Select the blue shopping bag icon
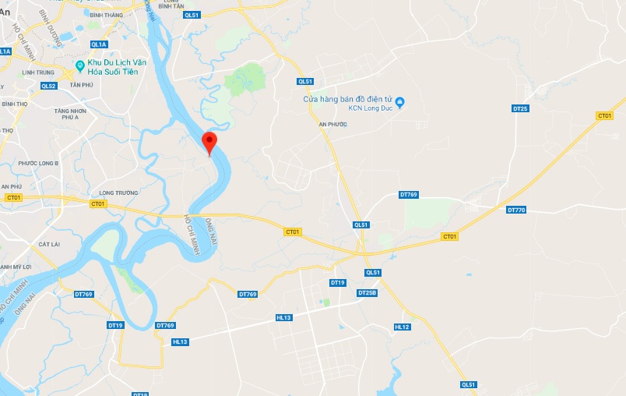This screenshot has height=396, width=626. [x=399, y=101]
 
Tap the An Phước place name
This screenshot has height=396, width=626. [x=332, y=124]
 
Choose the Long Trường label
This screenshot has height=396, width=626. [x=119, y=193]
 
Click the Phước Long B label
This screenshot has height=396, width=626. [x=38, y=163]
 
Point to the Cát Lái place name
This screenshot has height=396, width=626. [x=49, y=244]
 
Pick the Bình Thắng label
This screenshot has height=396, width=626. [x=107, y=15]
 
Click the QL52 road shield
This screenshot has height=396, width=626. [x=48, y=86]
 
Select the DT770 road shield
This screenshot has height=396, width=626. [x=516, y=210]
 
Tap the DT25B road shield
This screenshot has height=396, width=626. [x=367, y=292]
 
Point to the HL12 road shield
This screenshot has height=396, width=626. [x=402, y=327]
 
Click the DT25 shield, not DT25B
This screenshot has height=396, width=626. [x=520, y=108]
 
